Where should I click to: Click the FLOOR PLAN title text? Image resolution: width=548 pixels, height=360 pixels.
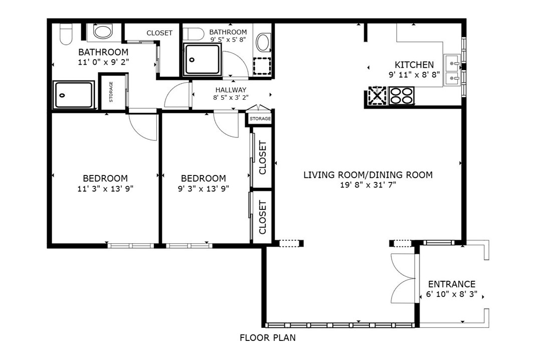point(267,337)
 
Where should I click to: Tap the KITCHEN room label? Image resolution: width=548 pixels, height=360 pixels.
point(414,65)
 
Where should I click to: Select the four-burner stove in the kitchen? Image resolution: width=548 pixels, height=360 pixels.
point(402,96)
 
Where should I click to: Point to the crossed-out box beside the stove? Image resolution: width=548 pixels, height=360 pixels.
point(378,96)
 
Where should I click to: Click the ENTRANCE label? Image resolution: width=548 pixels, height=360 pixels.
point(451,284)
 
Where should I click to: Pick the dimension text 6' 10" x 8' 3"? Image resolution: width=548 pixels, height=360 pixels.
point(451,295)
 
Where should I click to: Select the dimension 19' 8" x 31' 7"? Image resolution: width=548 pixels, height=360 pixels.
point(368,185)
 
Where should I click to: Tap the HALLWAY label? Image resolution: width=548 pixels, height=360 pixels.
point(231,90)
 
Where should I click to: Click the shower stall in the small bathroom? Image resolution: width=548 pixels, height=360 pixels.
point(202,60)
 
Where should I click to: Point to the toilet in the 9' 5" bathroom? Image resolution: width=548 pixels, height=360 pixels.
point(191,34)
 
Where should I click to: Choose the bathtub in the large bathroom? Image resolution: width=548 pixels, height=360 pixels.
point(74,95)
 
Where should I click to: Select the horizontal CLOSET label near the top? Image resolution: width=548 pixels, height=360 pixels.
point(159,33)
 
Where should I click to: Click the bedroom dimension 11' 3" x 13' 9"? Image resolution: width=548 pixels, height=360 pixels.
point(105,189)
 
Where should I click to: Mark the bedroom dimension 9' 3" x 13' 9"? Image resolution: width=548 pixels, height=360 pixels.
point(203,189)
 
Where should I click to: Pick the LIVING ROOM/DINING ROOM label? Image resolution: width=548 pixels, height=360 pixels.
point(368,175)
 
